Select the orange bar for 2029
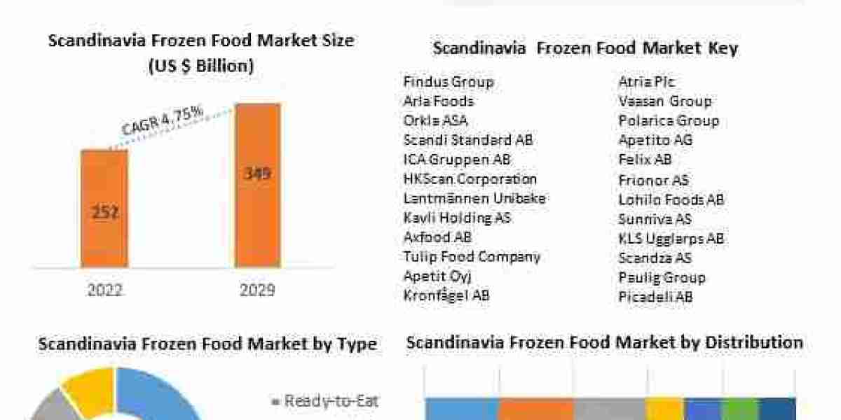point(257,185)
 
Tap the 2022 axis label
point(104,289)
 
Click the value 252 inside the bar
point(104,213)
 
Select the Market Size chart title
point(201,53)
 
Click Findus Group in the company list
point(448,82)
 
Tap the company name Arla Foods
point(439,101)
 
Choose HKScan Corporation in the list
point(470,179)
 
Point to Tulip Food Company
point(472,256)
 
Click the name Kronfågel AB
point(446,295)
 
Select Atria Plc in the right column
point(646,82)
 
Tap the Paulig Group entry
point(662,277)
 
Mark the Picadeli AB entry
point(655,297)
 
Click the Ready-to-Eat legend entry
point(324,401)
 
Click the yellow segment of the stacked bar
point(664,409)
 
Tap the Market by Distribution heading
point(605,343)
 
